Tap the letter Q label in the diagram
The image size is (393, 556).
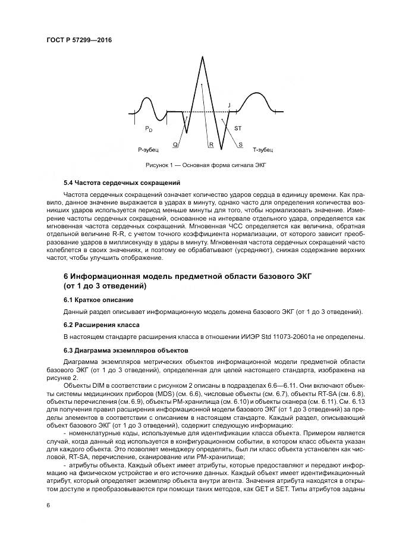[175, 145]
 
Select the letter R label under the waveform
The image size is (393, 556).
[210, 145]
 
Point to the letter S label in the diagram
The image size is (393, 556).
[240, 145]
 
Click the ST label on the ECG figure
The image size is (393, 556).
[238, 128]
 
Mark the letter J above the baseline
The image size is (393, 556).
[229, 105]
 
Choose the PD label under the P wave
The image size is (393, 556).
[149, 128]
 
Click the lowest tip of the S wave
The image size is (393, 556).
[221, 149]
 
